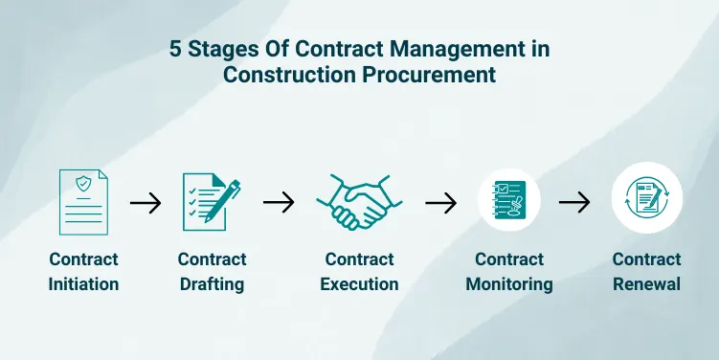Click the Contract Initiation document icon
pos(83,202)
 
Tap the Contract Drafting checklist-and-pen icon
pos(211,202)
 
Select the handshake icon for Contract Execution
pos(359,202)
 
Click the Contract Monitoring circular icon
pos(508,202)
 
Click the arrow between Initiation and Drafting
pos(146,203)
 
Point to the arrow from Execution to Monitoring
pos(440,203)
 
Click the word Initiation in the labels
pos(84,284)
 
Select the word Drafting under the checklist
pos(212,284)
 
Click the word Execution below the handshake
pos(359,284)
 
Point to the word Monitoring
pos(509,284)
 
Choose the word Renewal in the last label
pos(646,284)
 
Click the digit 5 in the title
pos(175,49)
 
